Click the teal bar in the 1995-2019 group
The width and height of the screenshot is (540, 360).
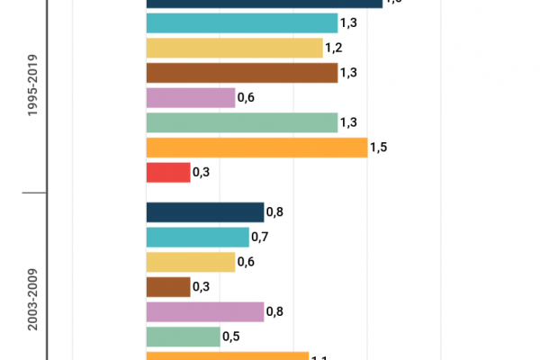241,23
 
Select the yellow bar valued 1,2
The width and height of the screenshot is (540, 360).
234,49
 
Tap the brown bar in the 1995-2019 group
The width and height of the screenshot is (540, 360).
241,73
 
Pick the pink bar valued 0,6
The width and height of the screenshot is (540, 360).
190,98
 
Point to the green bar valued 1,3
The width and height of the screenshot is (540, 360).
241,122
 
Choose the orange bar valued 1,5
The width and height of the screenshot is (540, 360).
256,148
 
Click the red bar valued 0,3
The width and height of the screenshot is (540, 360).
168,172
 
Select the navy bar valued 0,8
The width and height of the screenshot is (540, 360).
204,212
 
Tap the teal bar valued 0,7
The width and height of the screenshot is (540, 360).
197,237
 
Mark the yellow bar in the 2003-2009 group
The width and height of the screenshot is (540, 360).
190,262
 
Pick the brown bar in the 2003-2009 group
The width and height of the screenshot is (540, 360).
168,286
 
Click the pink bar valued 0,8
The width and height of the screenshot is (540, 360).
204,311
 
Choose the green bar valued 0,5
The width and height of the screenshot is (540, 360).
183,336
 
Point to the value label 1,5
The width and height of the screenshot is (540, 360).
379,148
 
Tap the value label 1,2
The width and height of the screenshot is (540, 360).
334,49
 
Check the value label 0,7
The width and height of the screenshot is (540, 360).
260,237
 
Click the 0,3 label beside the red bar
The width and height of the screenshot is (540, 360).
202,172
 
